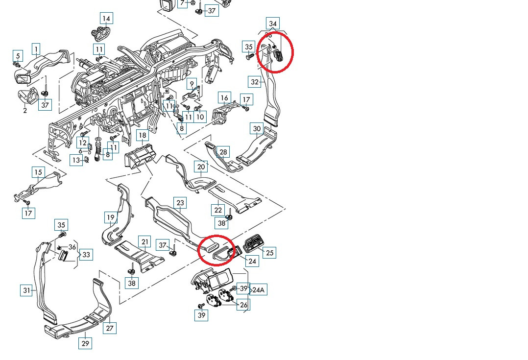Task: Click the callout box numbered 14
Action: pyautogui.click(x=106, y=19)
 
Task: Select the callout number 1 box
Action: pyautogui.click(x=36, y=49)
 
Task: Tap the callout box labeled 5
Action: pyautogui.click(x=18, y=56)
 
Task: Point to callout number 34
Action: pyautogui.click(x=273, y=24)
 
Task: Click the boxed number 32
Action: pyautogui.click(x=254, y=82)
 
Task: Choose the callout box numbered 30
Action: pyautogui.click(x=257, y=129)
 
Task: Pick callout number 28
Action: pyautogui.click(x=223, y=152)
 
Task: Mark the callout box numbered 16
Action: pyautogui.click(x=224, y=98)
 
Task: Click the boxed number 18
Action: pyautogui.click(x=142, y=136)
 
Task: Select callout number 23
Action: pyautogui.click(x=180, y=203)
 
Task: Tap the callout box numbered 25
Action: pyautogui.click(x=269, y=253)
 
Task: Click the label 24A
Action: pyautogui.click(x=258, y=290)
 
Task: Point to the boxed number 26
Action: pyautogui.click(x=243, y=305)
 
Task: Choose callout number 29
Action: pyautogui.click(x=85, y=343)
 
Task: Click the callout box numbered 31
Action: pyautogui.click(x=26, y=290)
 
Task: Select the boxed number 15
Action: pyautogui.click(x=38, y=172)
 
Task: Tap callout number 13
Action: pyautogui.click(x=76, y=160)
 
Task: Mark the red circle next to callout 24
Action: pyautogui.click(x=216, y=251)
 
